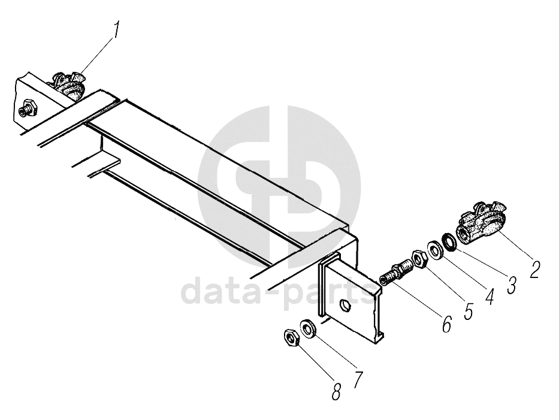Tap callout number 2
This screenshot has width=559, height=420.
tap(534, 269)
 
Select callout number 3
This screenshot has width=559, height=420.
tap(510, 284)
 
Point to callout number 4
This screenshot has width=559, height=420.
tap(489, 296)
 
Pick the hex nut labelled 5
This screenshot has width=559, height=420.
tap(419, 258)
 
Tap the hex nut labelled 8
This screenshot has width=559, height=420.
tap(291, 339)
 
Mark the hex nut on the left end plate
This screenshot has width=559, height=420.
tap(28, 110)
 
